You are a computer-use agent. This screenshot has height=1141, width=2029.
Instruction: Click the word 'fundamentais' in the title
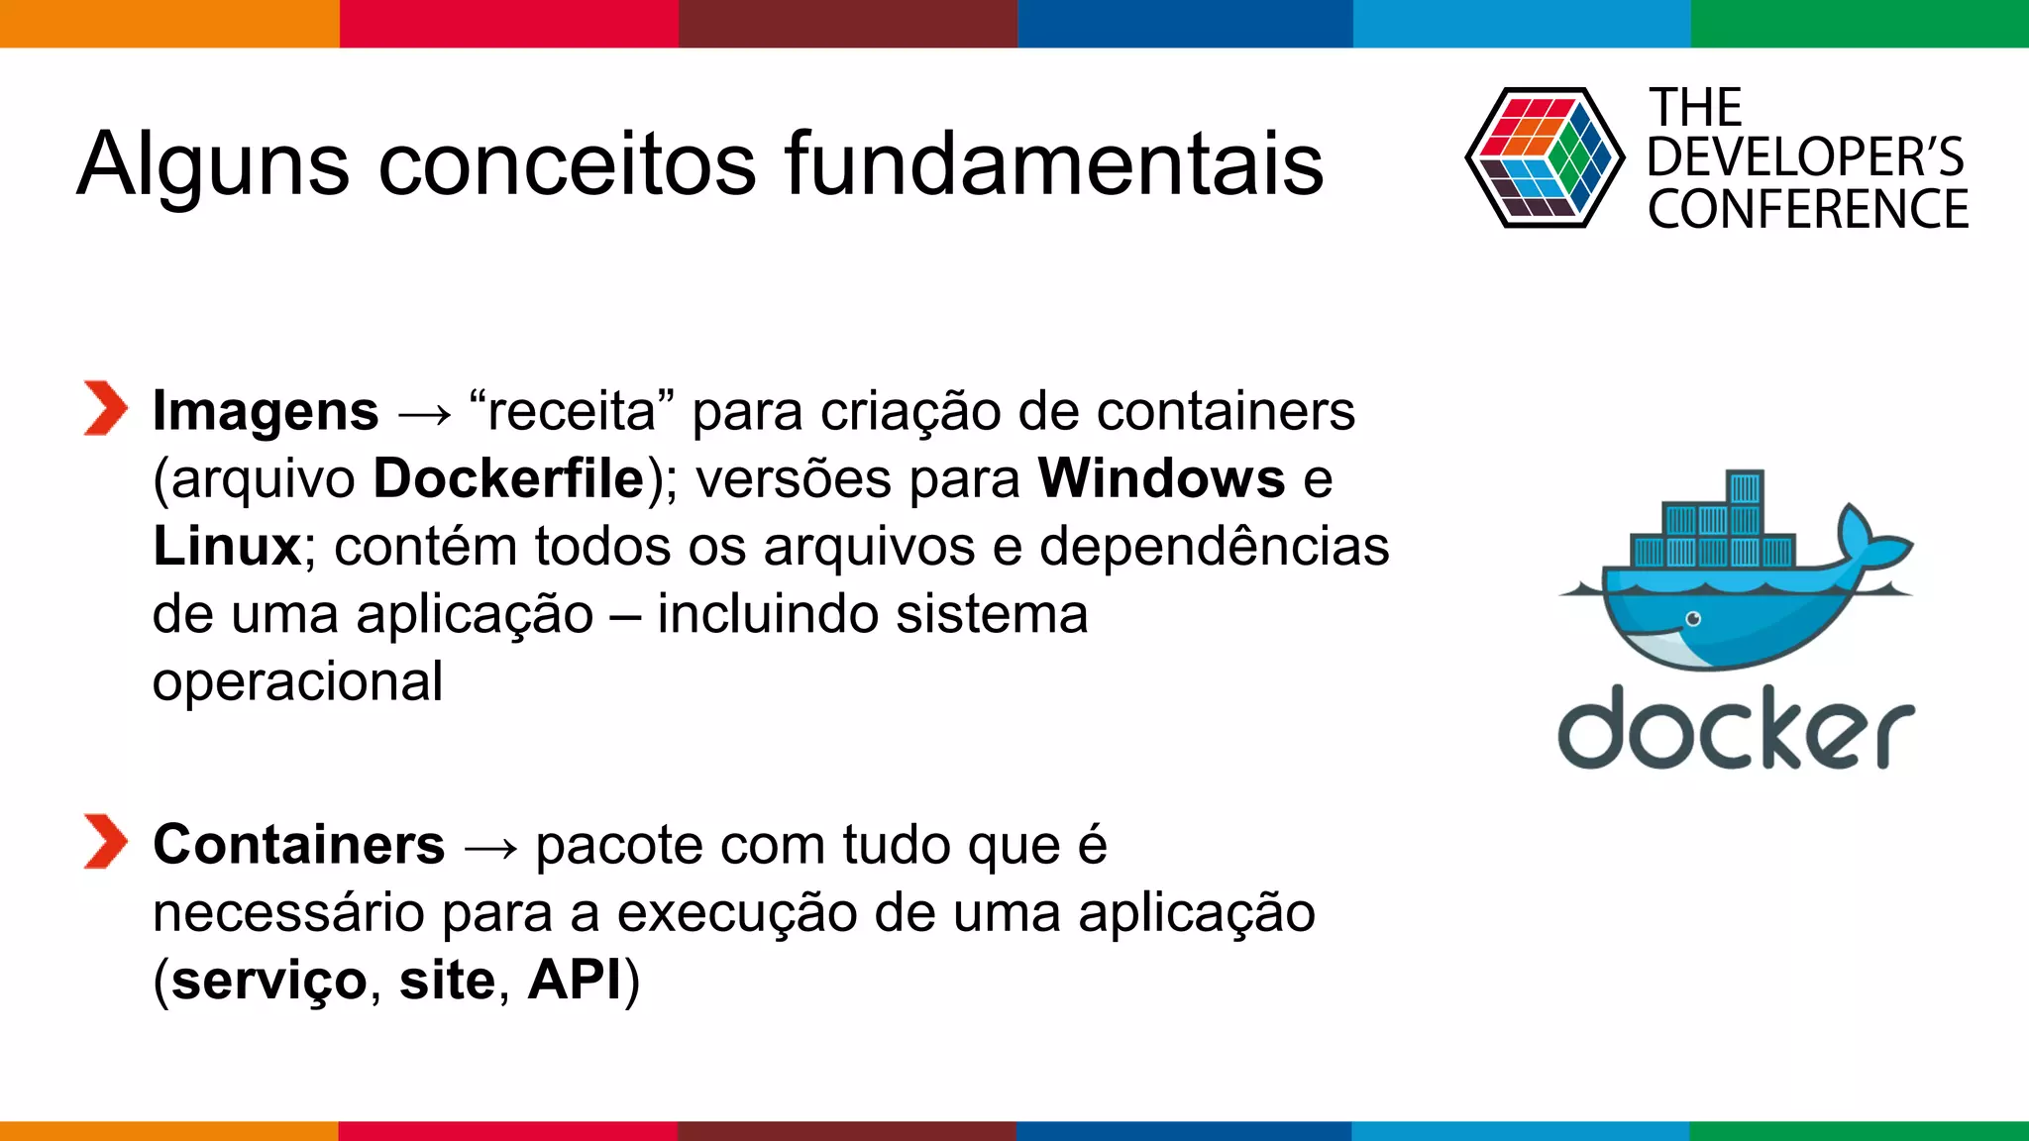pos(1054,164)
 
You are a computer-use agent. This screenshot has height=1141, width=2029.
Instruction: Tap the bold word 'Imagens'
pos(266,412)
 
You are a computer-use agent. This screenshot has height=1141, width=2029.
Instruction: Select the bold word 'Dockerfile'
pos(509,479)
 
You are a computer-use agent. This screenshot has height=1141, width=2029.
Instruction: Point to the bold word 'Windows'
pos(1161,479)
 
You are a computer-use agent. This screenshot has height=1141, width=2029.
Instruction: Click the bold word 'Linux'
pos(227,547)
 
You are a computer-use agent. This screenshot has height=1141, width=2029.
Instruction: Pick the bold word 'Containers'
pos(299,846)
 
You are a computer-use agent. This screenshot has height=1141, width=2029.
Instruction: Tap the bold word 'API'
pos(575,981)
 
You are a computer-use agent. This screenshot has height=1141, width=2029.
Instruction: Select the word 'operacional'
pos(297,683)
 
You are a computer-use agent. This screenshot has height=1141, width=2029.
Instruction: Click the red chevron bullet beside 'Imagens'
pos(105,408)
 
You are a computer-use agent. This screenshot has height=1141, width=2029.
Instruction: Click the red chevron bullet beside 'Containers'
pos(105,842)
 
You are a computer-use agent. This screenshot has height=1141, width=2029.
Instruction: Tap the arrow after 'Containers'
pos(490,850)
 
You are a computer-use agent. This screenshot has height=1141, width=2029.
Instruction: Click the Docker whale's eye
pos(1693,620)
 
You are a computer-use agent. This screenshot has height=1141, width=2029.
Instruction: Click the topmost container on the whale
pos(1745,488)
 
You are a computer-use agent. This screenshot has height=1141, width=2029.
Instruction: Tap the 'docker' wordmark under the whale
pos(1736,730)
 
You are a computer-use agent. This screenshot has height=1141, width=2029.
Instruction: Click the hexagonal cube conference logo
pos(1544,158)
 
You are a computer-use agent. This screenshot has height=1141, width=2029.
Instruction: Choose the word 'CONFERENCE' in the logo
pos(1808,210)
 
